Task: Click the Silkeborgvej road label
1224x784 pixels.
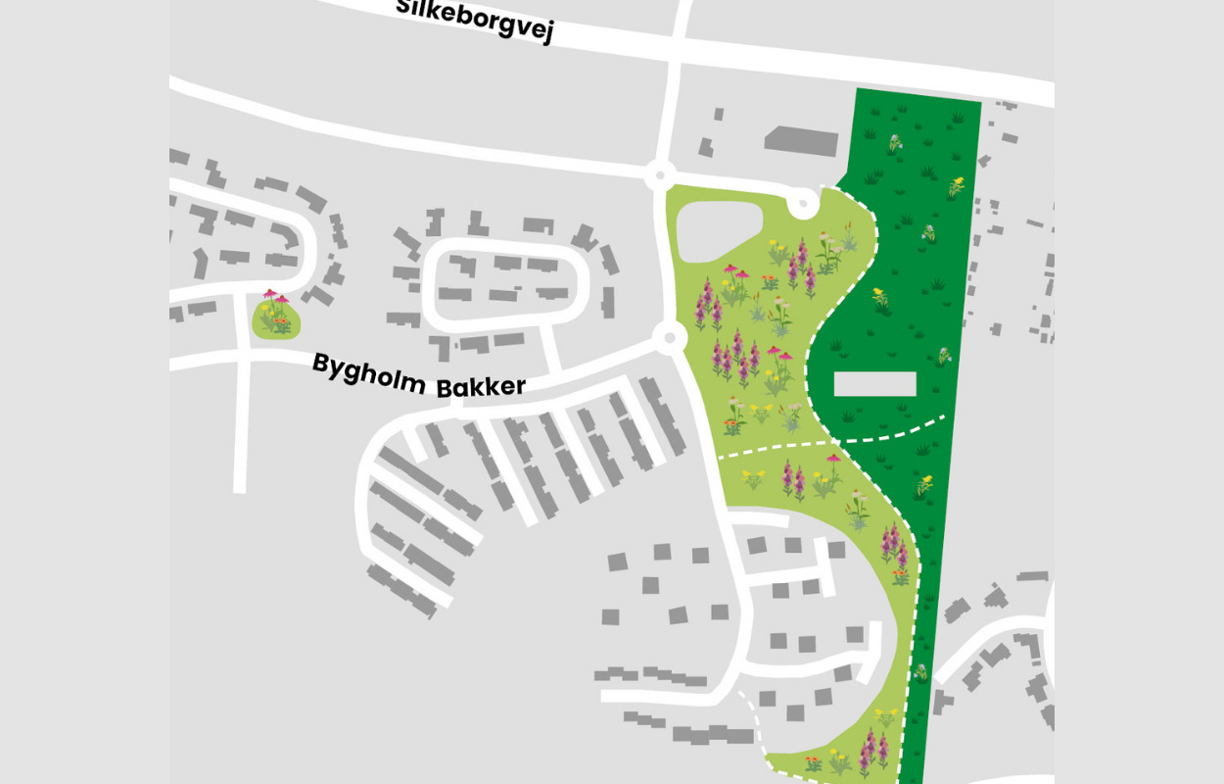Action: point(475,20)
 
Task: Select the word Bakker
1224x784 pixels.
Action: point(481,386)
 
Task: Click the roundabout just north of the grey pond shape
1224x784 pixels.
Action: point(660,176)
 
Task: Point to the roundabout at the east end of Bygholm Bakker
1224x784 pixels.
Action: point(670,338)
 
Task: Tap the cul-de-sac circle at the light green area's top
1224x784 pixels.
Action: point(803,204)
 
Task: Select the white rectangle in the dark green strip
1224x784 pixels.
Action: point(874,383)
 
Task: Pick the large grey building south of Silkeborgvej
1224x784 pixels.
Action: point(801,140)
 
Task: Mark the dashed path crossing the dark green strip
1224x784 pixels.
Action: point(896,431)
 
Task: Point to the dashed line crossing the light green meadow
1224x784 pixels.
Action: point(774,448)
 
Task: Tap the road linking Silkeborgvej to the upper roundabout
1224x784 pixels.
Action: point(675,88)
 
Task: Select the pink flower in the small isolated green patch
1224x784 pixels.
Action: point(270,295)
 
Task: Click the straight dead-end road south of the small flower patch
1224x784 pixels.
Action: point(239,412)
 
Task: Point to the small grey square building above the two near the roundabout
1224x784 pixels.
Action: point(719,115)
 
